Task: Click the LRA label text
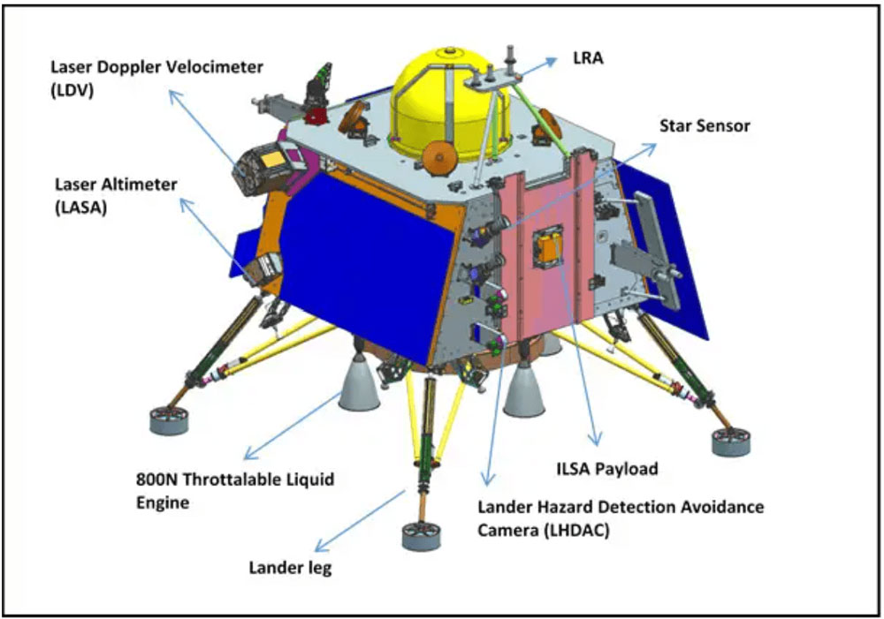pos(588,57)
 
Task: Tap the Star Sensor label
pos(705,125)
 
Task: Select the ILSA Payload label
pos(607,469)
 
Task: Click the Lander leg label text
pos(290,567)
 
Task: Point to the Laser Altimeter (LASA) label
pos(116,195)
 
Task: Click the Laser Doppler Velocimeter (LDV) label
pos(156,79)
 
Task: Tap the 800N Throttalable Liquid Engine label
pos(235,491)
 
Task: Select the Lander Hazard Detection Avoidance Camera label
pos(621,518)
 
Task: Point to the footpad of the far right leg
pos(731,442)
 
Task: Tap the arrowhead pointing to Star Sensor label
pos(652,147)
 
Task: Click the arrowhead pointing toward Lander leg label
pos(320,547)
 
